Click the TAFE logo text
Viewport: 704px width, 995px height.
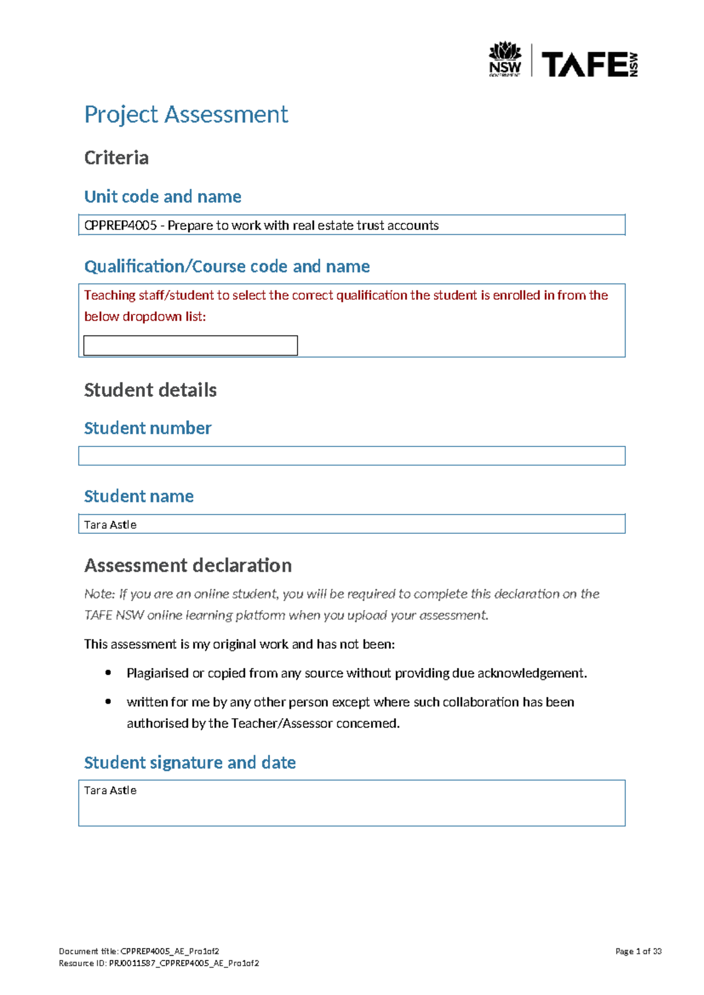pos(584,65)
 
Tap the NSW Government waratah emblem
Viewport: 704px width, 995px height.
pos(505,52)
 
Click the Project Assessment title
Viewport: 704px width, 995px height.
pos(186,114)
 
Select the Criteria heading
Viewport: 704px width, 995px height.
pos(116,158)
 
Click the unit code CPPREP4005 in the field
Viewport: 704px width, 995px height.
pos(120,225)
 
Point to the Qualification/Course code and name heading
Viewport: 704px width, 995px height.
pos(227,266)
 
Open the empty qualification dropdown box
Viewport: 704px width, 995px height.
pos(191,346)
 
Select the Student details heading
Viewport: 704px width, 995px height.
pos(150,390)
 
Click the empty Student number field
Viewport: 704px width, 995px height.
pos(352,456)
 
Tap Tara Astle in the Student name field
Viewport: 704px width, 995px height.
pos(110,524)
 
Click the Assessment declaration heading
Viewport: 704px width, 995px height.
pos(188,566)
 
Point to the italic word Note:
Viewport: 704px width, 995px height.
pos(100,594)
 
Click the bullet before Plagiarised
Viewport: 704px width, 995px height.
pos(108,673)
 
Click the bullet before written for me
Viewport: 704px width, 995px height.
pos(108,702)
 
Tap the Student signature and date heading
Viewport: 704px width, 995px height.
pos(189,763)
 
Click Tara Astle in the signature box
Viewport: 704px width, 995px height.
pos(110,790)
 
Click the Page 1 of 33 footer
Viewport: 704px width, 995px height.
pos(638,952)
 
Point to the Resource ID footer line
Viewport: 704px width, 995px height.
pos(159,963)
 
